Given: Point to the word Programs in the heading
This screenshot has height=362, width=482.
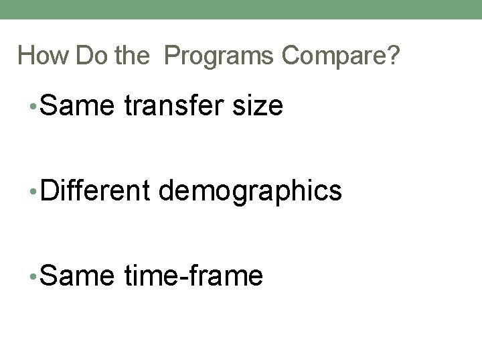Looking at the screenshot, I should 218,56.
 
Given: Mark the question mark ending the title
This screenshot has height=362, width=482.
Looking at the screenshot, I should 393,56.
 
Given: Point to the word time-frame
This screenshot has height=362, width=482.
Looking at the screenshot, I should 193,275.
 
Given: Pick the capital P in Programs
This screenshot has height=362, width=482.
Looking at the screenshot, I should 171,56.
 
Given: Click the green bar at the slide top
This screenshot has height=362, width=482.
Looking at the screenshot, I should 241,9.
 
